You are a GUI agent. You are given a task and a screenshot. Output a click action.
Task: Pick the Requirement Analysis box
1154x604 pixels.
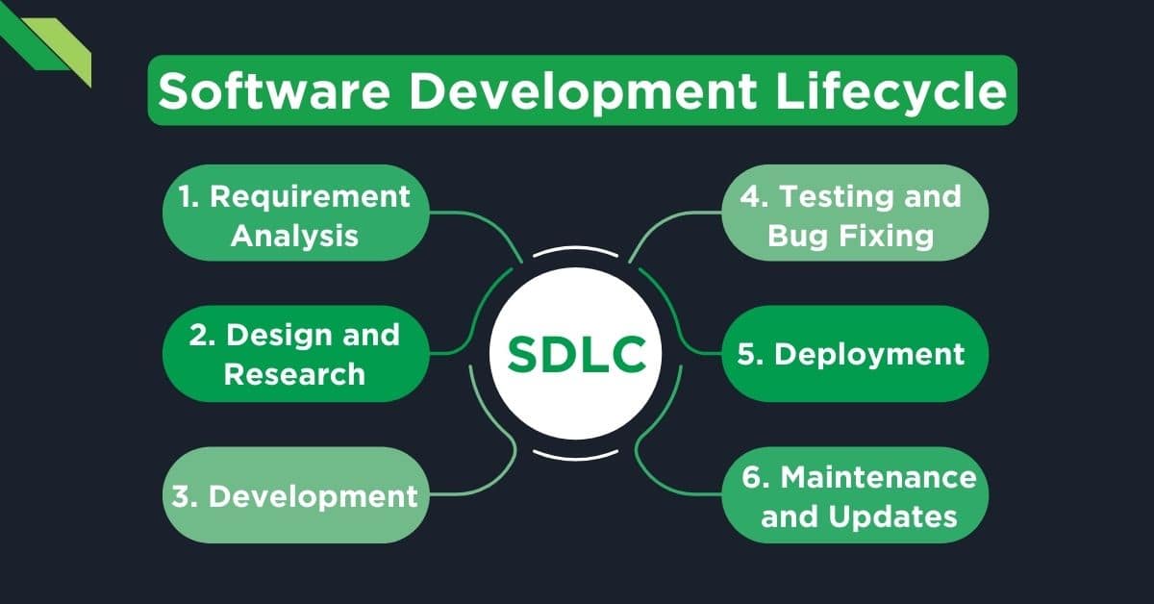coord(295,214)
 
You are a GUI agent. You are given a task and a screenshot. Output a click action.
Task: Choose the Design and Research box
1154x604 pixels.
coord(295,354)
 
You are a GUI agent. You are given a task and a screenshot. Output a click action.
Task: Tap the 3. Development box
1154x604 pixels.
coord(295,495)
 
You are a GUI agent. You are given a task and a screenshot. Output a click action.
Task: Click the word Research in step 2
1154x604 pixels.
coord(295,373)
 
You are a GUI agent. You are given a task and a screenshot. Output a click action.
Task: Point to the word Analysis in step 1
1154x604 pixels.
coord(295,236)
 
